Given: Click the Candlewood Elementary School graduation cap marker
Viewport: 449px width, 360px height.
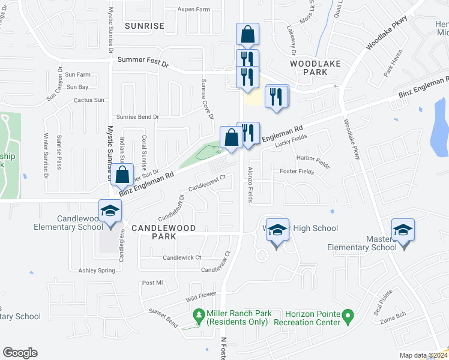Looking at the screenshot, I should tap(110, 211).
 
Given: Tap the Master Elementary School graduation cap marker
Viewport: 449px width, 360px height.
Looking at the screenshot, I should tap(403, 230).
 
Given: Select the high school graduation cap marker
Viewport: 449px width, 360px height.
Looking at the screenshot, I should tap(277, 230).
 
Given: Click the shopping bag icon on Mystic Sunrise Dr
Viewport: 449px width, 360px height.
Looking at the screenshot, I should tap(122, 176).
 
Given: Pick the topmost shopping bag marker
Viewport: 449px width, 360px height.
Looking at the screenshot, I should tap(247, 35).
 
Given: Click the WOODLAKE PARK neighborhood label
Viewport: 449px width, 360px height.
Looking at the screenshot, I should tap(309, 67).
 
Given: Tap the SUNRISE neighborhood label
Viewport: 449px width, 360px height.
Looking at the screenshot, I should tap(144, 26).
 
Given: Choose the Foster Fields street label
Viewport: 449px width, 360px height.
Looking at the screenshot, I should tap(297, 172).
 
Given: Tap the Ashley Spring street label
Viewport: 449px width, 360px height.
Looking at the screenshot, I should tap(96, 271).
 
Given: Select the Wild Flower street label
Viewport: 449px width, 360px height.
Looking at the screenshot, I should tap(200, 295).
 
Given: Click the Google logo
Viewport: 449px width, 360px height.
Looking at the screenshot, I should tap(20, 353).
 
